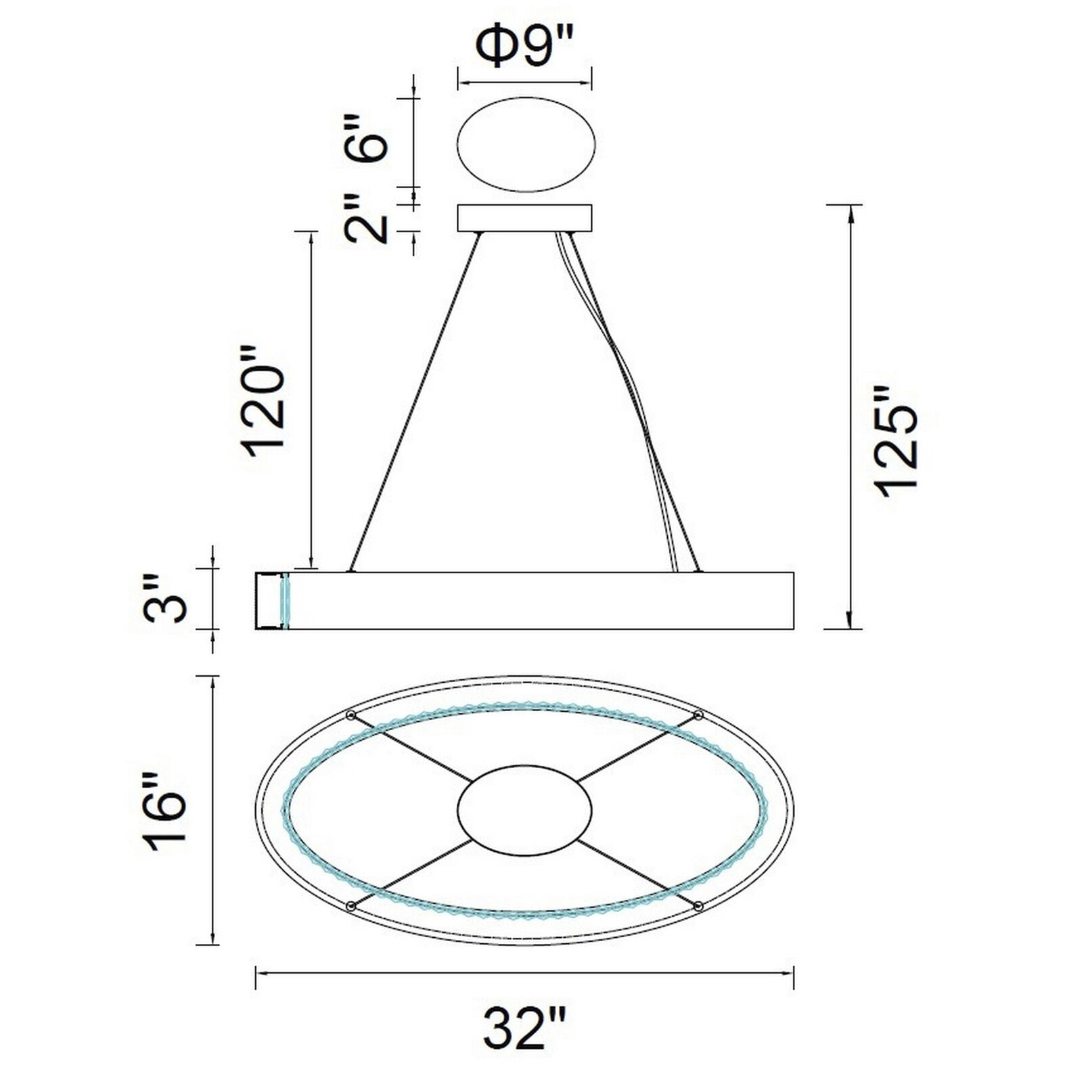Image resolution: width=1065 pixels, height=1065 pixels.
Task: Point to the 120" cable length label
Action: click(x=265, y=411)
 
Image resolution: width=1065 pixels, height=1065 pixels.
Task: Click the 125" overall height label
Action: click(x=896, y=443)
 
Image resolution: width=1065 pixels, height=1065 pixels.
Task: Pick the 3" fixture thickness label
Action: click(x=166, y=599)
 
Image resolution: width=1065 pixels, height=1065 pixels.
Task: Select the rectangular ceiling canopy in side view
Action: click(x=524, y=218)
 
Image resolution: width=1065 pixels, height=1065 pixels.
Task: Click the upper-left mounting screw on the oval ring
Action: click(x=350, y=716)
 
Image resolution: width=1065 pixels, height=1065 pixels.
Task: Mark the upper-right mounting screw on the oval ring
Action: click(x=699, y=715)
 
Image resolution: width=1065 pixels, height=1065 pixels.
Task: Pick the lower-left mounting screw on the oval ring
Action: click(x=350, y=905)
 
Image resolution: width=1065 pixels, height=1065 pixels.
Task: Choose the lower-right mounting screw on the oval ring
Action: click(x=699, y=905)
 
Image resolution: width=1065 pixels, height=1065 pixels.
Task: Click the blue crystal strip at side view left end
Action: click(x=285, y=600)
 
